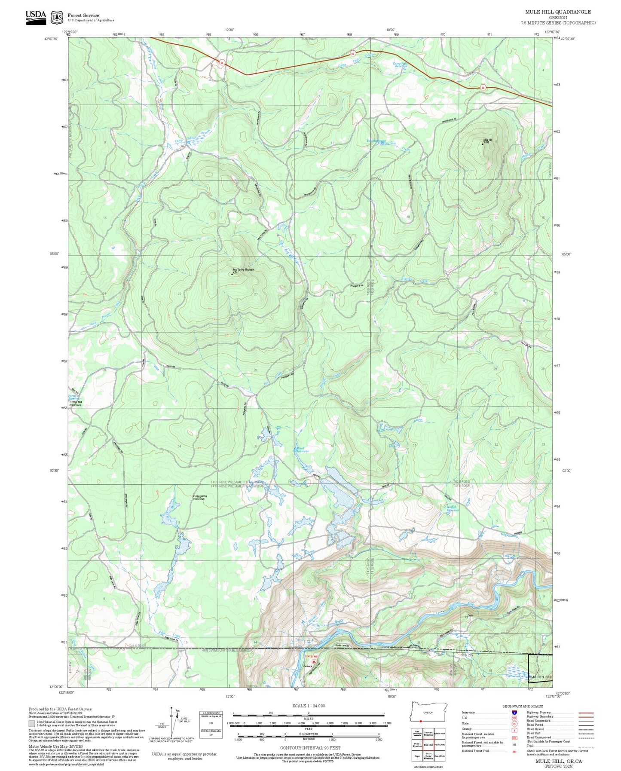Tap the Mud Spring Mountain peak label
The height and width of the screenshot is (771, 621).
pos(243,269)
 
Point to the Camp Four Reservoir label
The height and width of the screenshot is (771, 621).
pos(400,65)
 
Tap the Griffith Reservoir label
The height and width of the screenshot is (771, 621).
pos(453,508)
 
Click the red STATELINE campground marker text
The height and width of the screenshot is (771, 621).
pos(311,657)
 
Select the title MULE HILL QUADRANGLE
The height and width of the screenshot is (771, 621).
pos(557,12)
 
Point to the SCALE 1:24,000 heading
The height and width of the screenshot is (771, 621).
pos(308,706)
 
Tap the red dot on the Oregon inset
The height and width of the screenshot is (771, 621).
pos(421,721)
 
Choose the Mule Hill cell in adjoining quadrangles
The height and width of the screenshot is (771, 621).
pos(428,745)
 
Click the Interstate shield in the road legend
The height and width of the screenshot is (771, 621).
pos(514,713)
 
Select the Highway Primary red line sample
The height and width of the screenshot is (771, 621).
pos(586,713)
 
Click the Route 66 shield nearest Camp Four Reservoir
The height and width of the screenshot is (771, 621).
pos(353,53)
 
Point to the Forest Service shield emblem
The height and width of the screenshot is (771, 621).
pos(57,18)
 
